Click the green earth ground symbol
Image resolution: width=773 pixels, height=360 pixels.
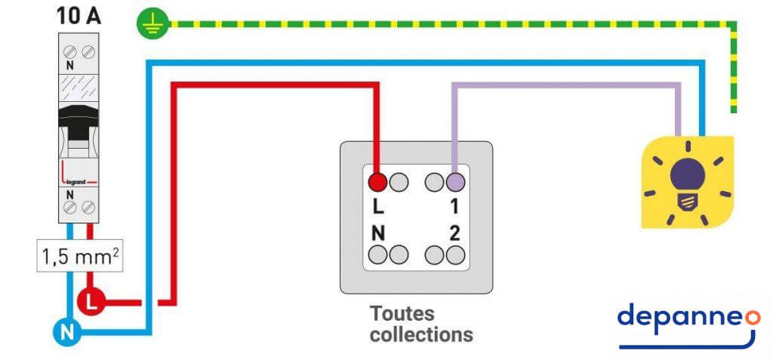(151, 24)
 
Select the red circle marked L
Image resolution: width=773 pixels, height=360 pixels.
(91, 303)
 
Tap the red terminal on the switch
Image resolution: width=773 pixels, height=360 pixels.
(377, 181)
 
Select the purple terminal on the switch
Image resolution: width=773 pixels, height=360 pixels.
(454, 181)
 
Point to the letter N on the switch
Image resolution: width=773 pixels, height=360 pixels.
(378, 233)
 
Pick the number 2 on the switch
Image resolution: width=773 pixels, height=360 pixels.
(454, 233)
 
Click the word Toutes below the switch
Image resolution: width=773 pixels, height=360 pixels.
(402, 312)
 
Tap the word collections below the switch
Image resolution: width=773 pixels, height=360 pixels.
(421, 334)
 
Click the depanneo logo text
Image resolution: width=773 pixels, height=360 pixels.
(679, 318)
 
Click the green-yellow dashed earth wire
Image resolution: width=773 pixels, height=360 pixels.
(453, 24)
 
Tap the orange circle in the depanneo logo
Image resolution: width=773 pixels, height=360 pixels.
(752, 317)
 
